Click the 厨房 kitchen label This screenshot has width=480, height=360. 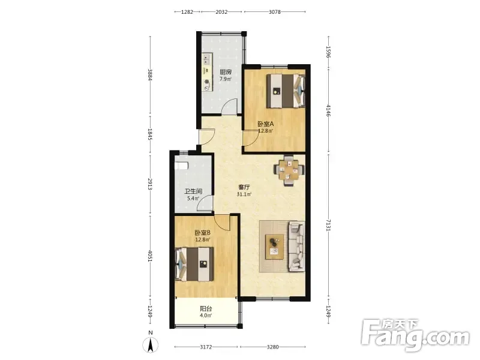tap(226, 72)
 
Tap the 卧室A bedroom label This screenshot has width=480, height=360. tap(265, 124)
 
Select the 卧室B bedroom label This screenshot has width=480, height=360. tap(203, 233)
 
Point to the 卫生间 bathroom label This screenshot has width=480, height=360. tap(193, 191)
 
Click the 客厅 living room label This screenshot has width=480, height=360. tap(244, 187)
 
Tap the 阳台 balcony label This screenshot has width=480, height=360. tap(206, 308)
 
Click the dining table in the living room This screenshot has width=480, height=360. tap(289, 170)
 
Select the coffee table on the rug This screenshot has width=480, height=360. tap(274, 247)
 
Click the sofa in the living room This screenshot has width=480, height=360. tap(296, 247)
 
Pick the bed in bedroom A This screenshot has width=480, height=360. tap(286, 91)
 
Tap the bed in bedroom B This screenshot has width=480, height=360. tap(194, 264)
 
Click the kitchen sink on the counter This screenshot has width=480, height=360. tap(207, 58)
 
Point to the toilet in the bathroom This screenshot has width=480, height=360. tap(181, 166)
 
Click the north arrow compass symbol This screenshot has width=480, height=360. tap(151, 344)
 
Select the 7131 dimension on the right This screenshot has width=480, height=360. tap(328, 225)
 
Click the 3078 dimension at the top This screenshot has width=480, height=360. tap(275, 12)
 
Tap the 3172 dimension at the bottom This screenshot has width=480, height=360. tap(206, 347)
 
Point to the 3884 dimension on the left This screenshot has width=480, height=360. tap(150, 74)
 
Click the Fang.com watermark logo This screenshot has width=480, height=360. tap(415, 336)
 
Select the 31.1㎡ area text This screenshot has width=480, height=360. tap(244, 194)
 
